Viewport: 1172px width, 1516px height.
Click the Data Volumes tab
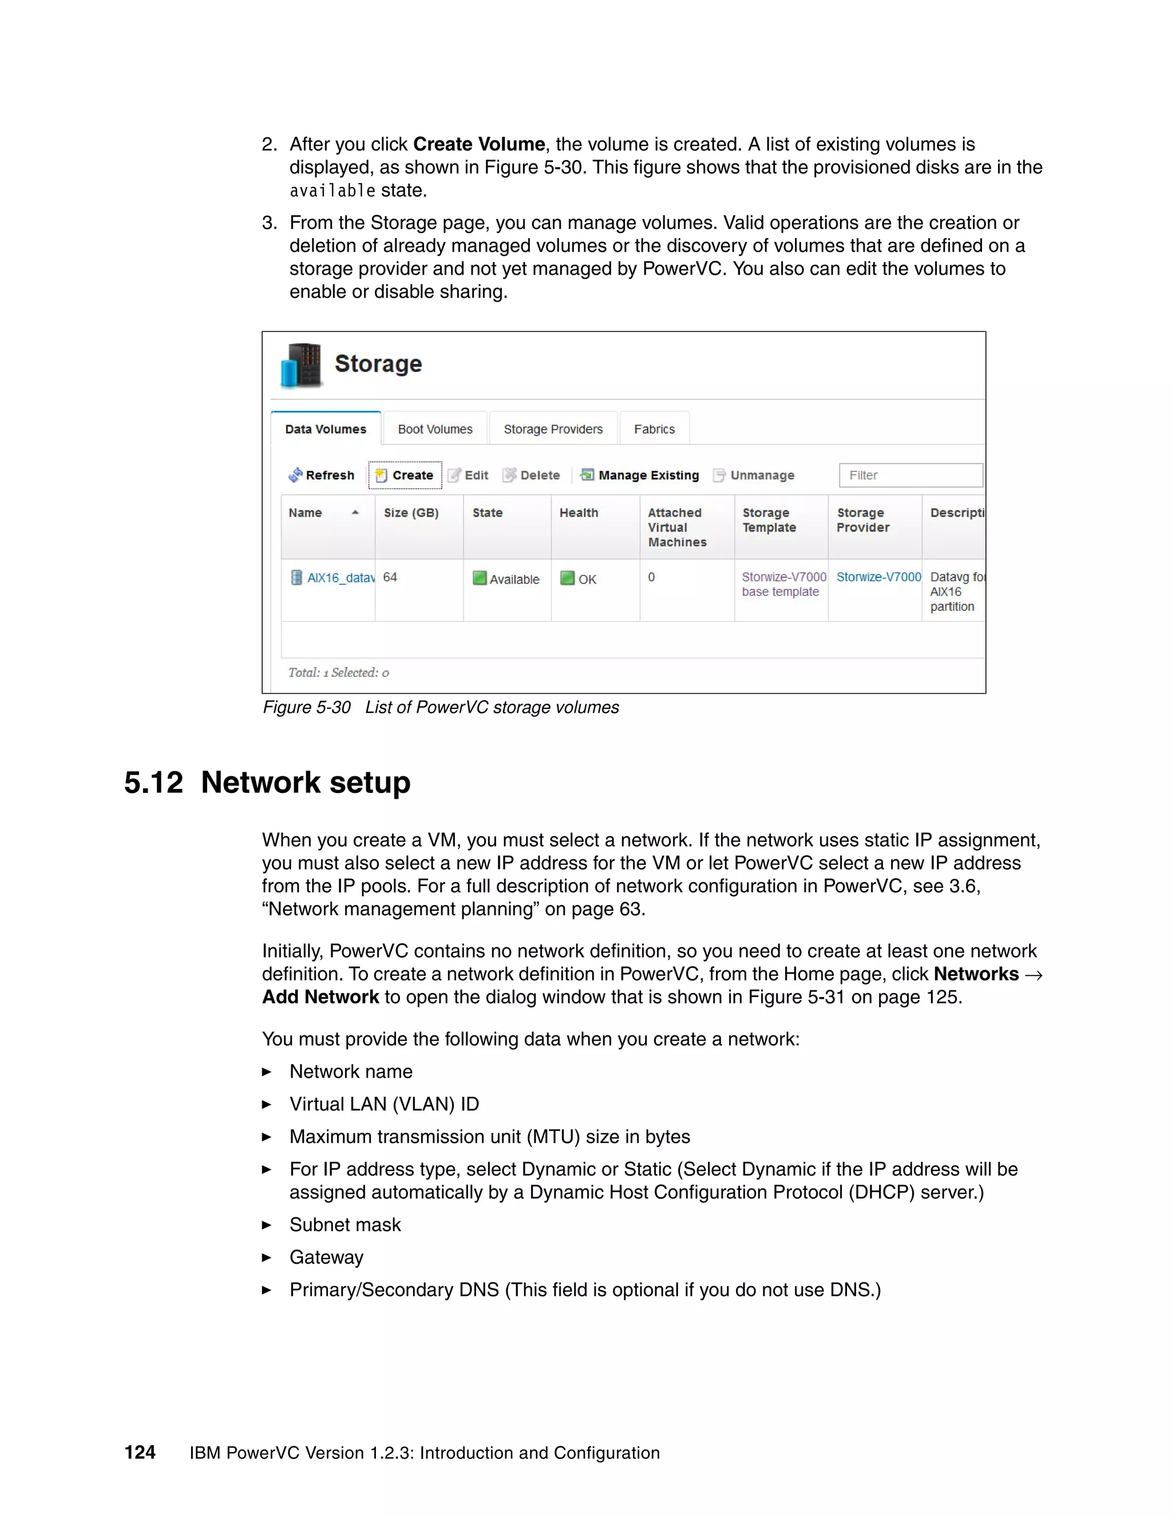[x=325, y=429]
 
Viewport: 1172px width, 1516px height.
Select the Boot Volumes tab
[x=435, y=429]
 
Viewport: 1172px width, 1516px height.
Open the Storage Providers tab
[x=553, y=429]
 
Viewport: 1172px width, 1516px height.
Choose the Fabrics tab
[x=654, y=429]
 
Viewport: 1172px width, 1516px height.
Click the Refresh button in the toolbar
[x=322, y=475]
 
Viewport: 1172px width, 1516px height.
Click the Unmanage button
[x=754, y=475]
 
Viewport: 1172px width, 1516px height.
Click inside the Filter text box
[x=910, y=475]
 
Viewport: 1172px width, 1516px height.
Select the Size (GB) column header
[x=411, y=513]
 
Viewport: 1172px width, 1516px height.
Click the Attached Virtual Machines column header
[x=676, y=527]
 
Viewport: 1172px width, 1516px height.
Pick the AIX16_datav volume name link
[x=340, y=578]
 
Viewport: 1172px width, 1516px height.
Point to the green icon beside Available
[x=479, y=578]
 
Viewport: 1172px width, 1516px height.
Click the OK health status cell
[x=587, y=579]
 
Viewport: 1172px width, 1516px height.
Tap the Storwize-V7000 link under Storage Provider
[x=878, y=577]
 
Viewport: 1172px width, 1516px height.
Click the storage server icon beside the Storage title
[x=302, y=364]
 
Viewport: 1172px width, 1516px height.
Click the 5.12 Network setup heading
[x=267, y=782]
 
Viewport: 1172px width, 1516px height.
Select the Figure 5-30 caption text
[x=440, y=707]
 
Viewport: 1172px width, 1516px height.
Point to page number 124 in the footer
[x=140, y=1452]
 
